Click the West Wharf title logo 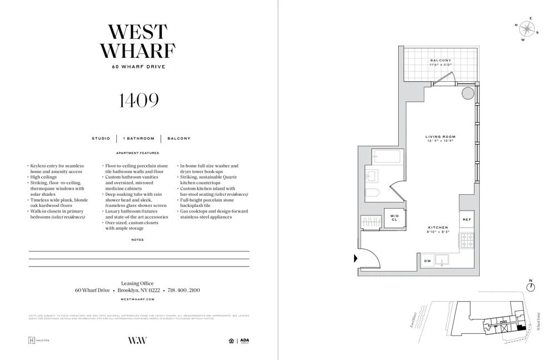coord(138,42)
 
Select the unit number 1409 coord(138,101)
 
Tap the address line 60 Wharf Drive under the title coord(138,67)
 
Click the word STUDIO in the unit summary coord(101,139)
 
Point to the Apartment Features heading coord(137,153)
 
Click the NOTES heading coord(137,240)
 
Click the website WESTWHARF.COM coord(137,299)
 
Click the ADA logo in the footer coord(245,341)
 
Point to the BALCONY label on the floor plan coord(440,61)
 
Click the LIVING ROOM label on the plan coord(440,137)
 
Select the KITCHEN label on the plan coord(438,228)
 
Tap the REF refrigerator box coord(466,220)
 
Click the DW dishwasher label coord(427,261)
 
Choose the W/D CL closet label coord(394,218)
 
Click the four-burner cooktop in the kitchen coord(466,240)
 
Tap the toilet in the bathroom coord(373,193)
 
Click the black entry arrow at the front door coord(356,258)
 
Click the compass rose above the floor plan coord(527,28)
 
